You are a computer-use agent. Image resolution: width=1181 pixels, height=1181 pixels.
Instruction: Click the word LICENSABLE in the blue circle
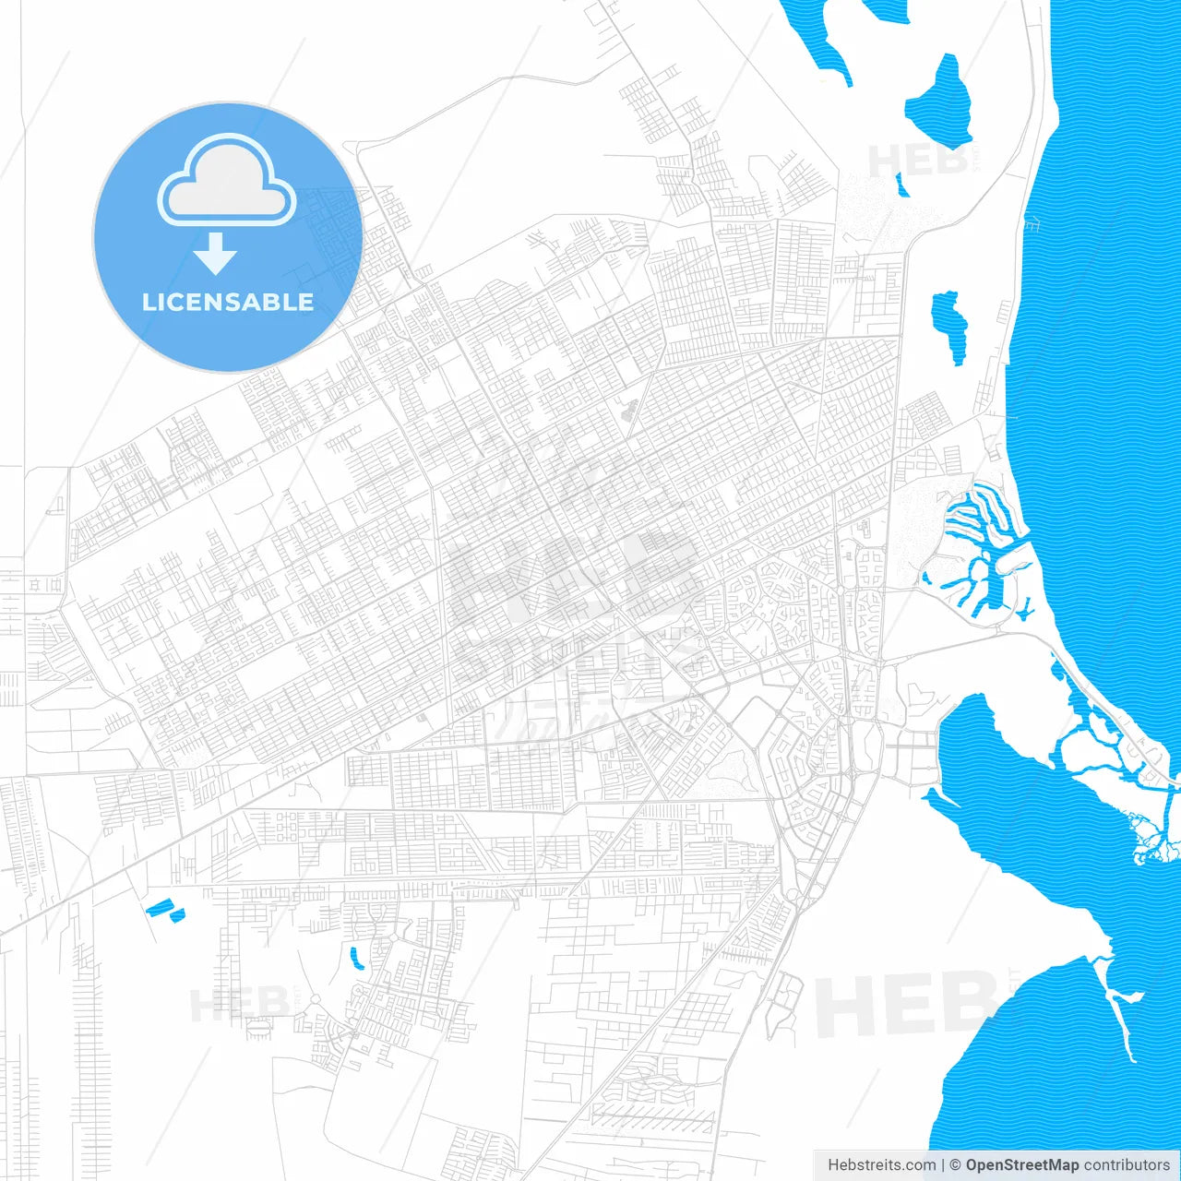pos(227,302)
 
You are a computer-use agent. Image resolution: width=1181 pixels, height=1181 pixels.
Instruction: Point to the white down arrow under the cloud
pos(215,254)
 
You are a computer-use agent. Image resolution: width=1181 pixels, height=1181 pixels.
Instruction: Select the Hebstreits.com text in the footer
pos(881,1165)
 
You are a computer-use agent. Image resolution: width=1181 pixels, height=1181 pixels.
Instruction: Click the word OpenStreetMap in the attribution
pos(1021,1165)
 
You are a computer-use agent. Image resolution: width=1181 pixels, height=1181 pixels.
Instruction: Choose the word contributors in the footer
pos(1127,1165)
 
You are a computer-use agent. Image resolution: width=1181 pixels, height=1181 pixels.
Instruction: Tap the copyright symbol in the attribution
pos(955,1165)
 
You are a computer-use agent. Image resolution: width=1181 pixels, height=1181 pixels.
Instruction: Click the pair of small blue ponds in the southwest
pos(165,911)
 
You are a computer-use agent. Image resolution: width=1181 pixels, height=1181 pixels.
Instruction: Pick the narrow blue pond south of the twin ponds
pos(355,958)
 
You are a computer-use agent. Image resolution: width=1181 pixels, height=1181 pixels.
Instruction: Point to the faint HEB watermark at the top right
pos(918,161)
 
